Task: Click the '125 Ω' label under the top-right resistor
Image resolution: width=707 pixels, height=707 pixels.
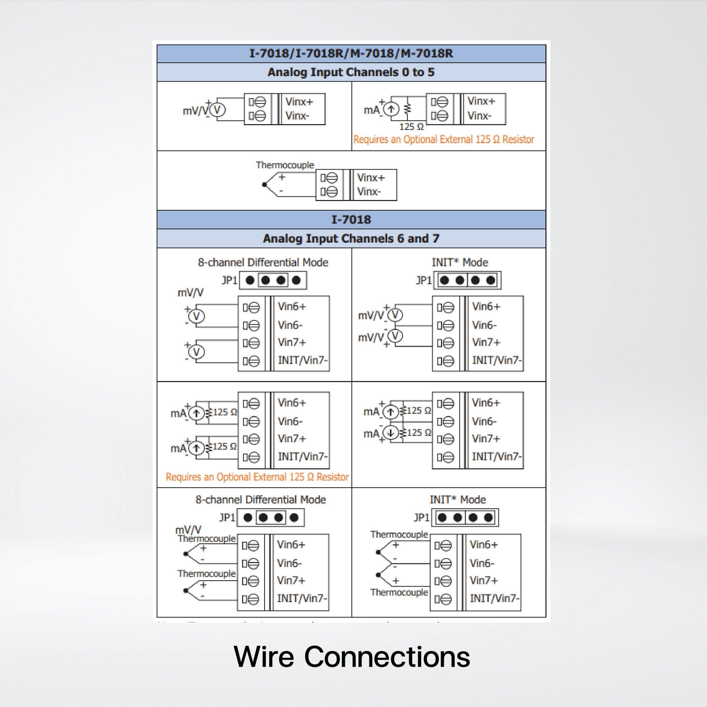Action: tap(411, 126)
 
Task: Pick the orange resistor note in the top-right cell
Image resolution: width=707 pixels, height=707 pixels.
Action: tap(444, 139)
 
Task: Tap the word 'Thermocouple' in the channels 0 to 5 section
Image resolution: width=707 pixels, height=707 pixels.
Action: tap(285, 165)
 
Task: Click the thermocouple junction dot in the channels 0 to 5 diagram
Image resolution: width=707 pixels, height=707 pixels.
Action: tap(264, 185)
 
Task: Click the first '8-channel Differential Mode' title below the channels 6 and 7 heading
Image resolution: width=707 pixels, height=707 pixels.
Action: tap(263, 262)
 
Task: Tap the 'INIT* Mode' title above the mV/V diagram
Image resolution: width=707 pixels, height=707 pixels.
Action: tap(460, 262)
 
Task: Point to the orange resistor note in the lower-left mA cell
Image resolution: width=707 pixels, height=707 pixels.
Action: tap(257, 477)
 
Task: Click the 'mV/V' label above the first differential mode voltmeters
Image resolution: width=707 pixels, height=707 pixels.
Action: tap(190, 293)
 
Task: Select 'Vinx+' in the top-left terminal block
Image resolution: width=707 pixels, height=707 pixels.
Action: tap(299, 102)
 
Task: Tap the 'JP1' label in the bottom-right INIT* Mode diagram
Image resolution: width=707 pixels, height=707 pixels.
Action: tap(421, 517)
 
